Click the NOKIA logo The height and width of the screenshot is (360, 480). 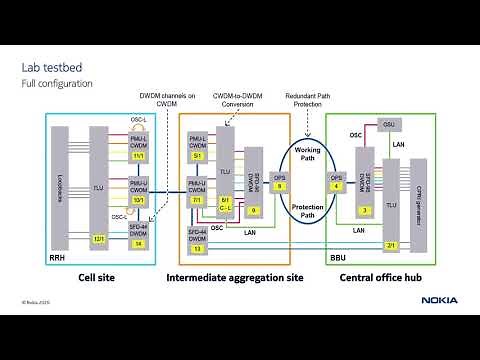pos(439,299)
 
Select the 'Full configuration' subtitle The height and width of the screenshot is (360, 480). pos(57,84)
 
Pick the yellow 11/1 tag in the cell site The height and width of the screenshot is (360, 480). pos(139,156)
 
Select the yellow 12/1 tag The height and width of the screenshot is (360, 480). pos(99,239)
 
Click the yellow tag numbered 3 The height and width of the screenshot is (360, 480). pos(366,210)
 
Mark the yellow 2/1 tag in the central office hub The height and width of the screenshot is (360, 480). pos(392,245)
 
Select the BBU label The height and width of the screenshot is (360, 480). pos(339,257)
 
